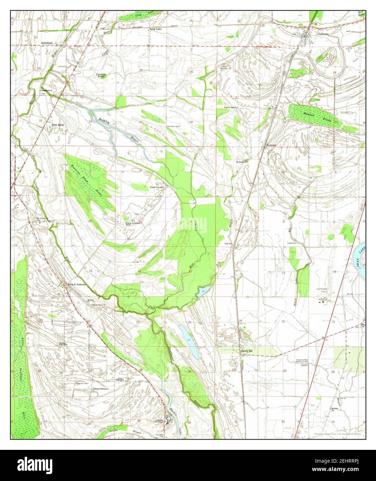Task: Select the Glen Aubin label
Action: click(58, 125)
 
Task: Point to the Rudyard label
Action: click(271, 145)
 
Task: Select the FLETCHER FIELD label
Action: click(321, 290)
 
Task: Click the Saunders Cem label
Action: click(173, 126)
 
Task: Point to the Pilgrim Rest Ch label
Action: click(229, 108)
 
